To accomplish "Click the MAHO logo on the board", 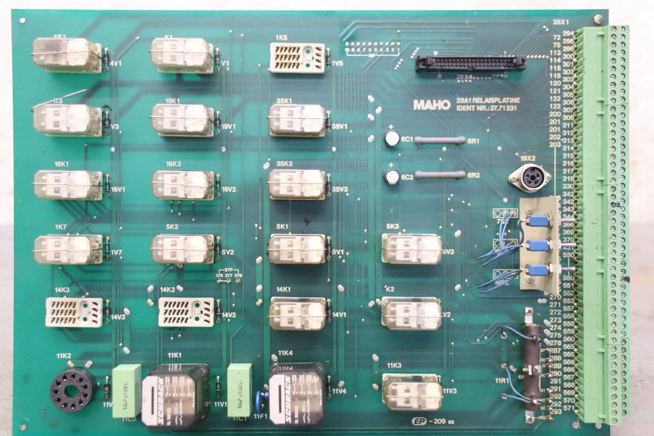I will click(x=432, y=105).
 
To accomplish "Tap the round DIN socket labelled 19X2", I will click(x=529, y=178).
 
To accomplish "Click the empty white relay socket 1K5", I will click(x=297, y=58).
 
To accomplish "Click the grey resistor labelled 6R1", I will click(x=440, y=140).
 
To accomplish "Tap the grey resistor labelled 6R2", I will click(x=440, y=175).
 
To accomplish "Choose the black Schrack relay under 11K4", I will click(x=297, y=395).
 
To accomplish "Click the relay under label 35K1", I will click(x=297, y=120).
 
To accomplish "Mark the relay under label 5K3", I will click(x=412, y=248).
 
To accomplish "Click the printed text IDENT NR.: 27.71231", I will click(x=486, y=108).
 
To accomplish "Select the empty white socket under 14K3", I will click(x=74, y=312).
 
